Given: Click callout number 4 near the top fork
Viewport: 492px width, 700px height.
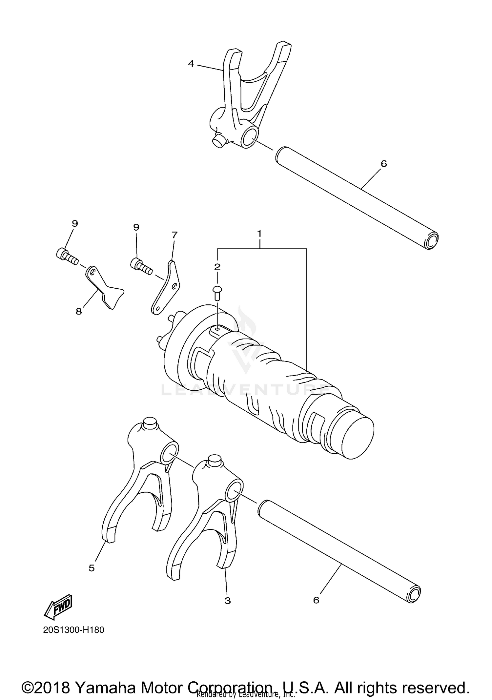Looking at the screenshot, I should coord(191,64).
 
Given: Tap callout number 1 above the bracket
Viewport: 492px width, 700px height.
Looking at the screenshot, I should coord(259,234).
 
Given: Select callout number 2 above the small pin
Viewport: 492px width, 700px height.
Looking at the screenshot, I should coord(217,267).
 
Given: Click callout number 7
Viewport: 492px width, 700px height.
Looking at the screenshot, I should coord(174,235).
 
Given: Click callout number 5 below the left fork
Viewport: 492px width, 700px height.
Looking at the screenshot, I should coord(92,568).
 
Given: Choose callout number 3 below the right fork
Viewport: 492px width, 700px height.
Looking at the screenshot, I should coord(228,601).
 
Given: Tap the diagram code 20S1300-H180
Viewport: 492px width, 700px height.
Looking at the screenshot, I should coord(73,630).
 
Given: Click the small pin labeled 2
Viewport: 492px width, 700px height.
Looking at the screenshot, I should coord(217,291).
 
